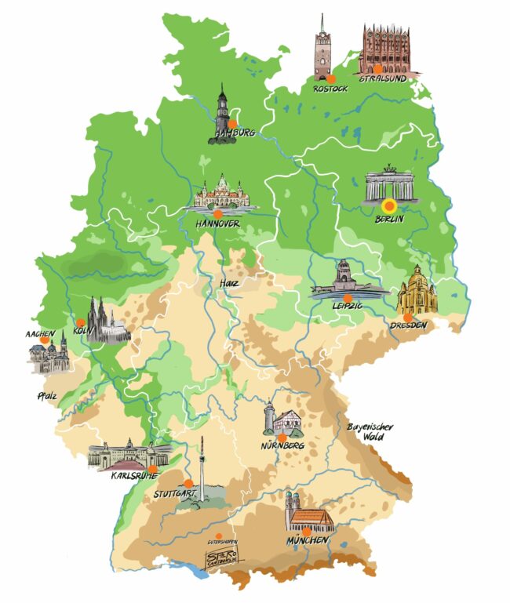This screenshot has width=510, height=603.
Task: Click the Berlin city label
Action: point(389,220)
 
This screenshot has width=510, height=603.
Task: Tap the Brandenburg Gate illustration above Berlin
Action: point(388,183)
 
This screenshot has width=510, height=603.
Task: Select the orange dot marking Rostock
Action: point(331,78)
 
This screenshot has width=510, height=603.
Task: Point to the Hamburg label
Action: point(232,134)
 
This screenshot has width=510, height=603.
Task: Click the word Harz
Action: point(228,282)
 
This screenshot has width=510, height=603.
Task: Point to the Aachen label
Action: point(39,334)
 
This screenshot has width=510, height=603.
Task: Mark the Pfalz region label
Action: point(45,395)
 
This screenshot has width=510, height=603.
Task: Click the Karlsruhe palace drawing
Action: point(126,456)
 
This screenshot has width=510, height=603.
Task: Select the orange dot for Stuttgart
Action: point(188,482)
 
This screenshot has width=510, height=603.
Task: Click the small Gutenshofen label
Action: point(222,541)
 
